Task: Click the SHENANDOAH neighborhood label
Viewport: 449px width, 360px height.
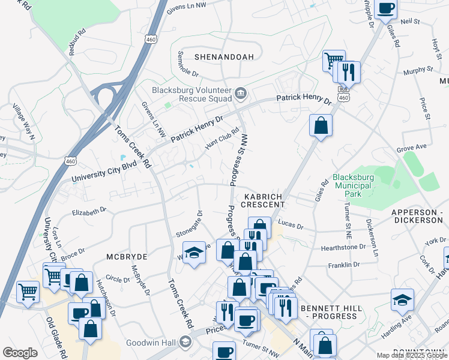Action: (x=224, y=57)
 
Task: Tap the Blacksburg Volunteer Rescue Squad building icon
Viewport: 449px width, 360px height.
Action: (x=241, y=92)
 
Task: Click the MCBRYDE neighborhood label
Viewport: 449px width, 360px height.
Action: (x=127, y=256)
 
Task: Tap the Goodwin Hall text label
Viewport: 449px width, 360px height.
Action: (x=150, y=343)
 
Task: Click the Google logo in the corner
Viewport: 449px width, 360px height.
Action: (x=20, y=353)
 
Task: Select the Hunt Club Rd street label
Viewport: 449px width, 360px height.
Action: (x=222, y=138)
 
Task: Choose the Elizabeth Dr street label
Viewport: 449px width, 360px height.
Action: (x=89, y=211)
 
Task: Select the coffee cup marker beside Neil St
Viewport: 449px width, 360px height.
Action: (x=385, y=9)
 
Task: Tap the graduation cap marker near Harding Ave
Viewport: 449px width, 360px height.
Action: (x=402, y=300)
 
